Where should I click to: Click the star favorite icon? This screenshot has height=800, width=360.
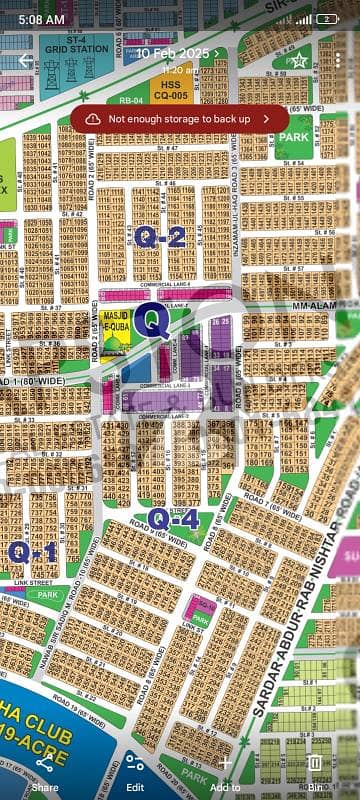point(297,61)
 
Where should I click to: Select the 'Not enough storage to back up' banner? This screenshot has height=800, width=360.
point(179,118)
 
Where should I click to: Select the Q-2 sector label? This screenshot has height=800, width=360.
point(161,237)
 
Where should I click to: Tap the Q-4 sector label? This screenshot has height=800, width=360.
point(172,518)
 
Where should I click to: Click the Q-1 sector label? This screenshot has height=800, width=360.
point(32,552)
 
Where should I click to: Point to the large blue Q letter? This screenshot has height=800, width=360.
point(152,320)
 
